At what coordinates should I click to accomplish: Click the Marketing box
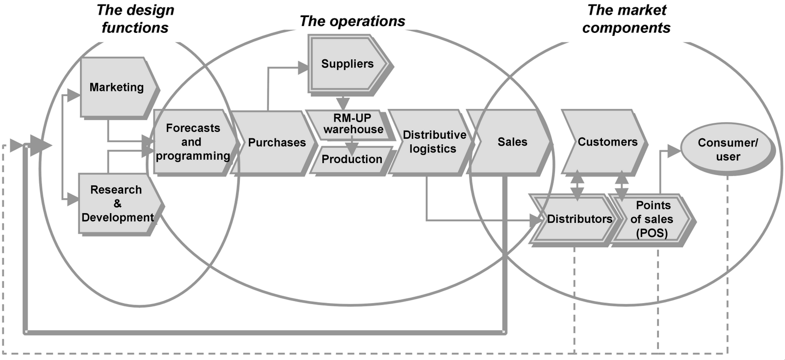117,87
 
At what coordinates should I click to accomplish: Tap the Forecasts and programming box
193,142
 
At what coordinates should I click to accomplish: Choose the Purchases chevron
276,143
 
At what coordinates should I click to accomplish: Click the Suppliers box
347,64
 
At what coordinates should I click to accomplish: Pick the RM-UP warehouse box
352,124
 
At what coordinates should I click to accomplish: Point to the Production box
352,159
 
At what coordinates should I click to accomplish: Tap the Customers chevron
607,142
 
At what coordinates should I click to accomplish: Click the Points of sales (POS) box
652,219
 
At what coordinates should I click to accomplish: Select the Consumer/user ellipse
728,150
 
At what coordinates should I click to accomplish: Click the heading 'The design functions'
135,19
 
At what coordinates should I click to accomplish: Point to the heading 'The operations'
352,21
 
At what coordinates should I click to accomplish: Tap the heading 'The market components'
627,19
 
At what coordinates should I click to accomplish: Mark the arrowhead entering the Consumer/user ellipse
674,151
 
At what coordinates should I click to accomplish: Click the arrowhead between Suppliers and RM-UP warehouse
343,103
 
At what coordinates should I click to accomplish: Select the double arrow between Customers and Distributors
577,185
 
